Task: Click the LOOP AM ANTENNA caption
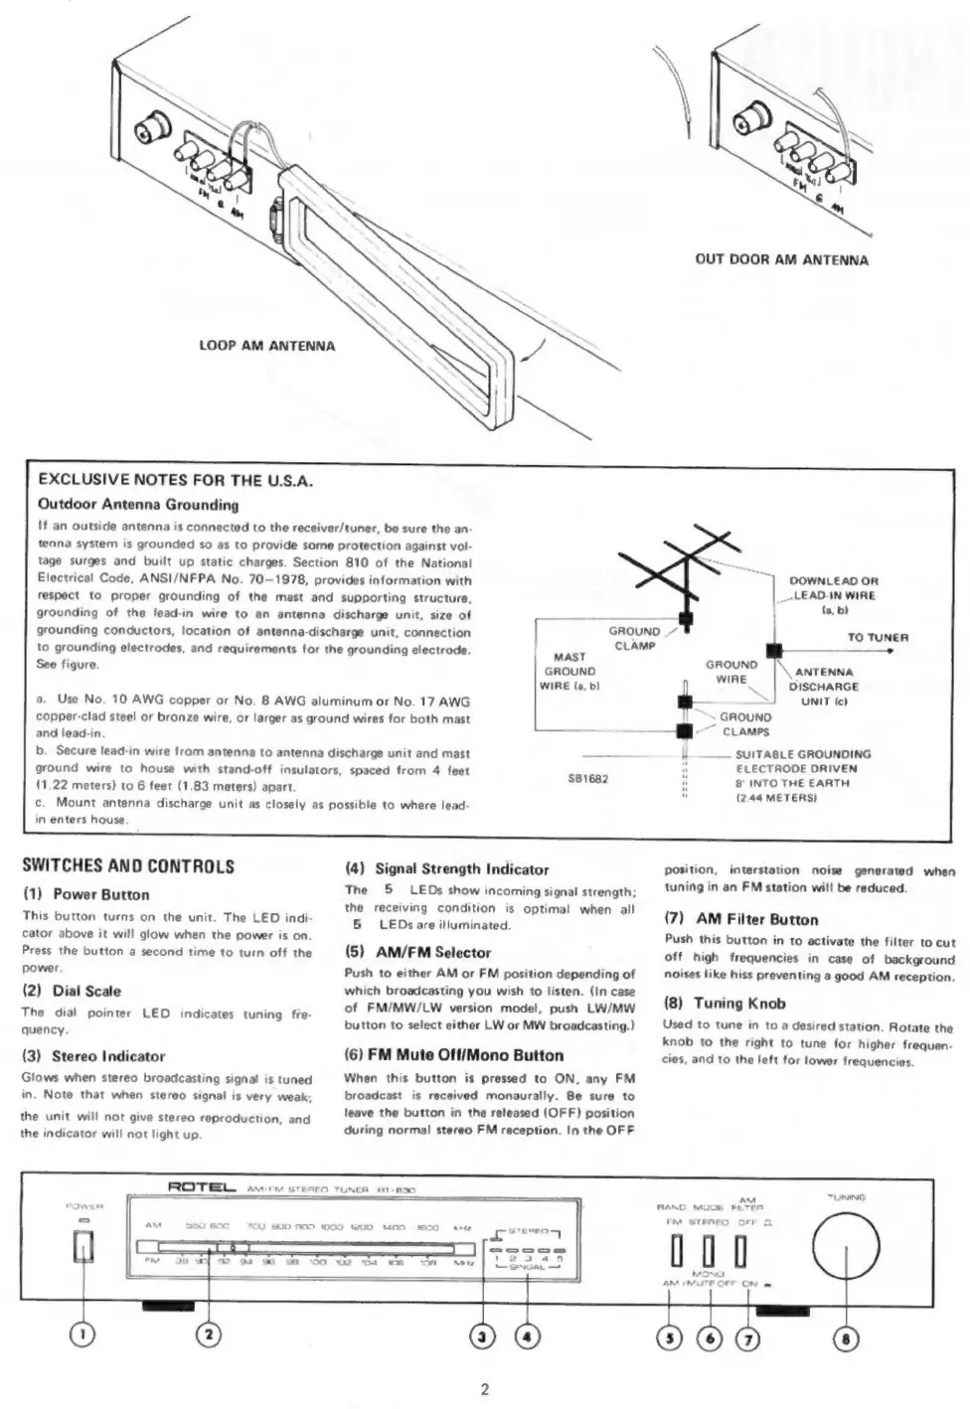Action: click(x=267, y=346)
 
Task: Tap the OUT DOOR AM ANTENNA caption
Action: click(x=781, y=260)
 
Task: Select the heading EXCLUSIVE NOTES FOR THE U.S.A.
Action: click(x=175, y=482)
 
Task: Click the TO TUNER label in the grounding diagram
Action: click(x=878, y=637)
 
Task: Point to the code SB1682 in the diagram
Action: click(x=587, y=778)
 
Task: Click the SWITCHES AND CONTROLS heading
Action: click(x=128, y=866)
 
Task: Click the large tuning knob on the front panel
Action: click(x=847, y=1243)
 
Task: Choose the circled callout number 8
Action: click(x=846, y=1338)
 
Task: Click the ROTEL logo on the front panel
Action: click(x=202, y=1187)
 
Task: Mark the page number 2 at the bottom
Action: click(x=485, y=1389)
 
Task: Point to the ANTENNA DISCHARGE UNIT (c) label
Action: click(x=823, y=687)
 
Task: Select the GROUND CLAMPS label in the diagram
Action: click(x=745, y=723)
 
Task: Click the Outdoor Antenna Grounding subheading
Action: click(x=138, y=505)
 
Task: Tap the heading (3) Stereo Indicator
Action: click(x=93, y=1056)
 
